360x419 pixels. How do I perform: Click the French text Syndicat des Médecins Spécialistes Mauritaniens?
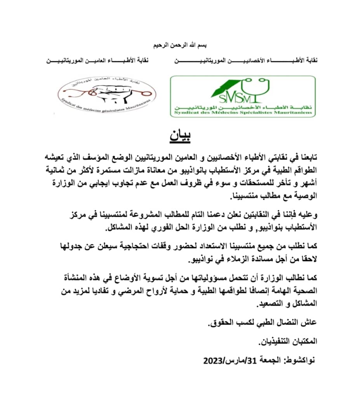(x=243, y=112)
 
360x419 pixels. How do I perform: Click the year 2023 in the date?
(x=213, y=360)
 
